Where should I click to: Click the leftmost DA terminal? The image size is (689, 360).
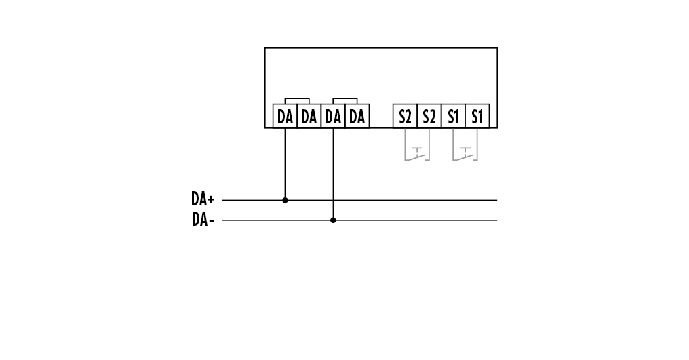(285, 117)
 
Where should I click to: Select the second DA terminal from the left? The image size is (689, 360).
(309, 117)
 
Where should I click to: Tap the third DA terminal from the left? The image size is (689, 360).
(333, 117)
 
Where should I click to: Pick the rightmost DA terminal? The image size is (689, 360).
(357, 117)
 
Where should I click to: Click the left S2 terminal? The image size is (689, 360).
(405, 117)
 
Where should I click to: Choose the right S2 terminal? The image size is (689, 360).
(429, 117)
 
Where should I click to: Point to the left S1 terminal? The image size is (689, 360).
(453, 117)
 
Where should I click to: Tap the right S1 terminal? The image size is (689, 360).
(477, 117)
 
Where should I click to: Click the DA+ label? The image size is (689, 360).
(202, 200)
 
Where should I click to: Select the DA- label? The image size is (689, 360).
(202, 220)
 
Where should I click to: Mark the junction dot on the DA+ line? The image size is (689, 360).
(285, 200)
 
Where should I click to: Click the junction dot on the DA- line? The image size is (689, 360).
(333, 220)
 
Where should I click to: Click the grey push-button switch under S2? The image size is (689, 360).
(417, 153)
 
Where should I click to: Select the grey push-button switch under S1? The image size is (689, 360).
(465, 153)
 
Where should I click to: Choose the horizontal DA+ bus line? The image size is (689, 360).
(407, 200)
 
